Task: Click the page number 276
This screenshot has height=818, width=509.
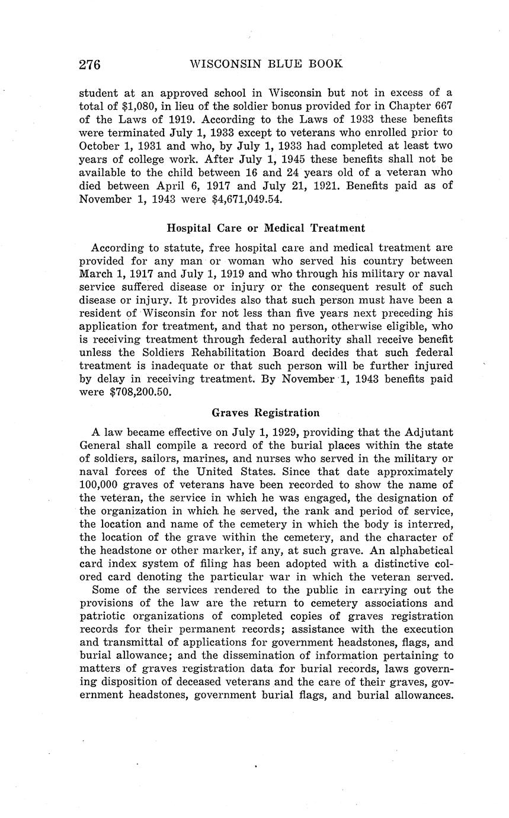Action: click(x=90, y=64)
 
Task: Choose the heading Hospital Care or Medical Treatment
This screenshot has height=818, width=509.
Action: click(x=266, y=228)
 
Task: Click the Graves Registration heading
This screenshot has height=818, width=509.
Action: click(x=265, y=413)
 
